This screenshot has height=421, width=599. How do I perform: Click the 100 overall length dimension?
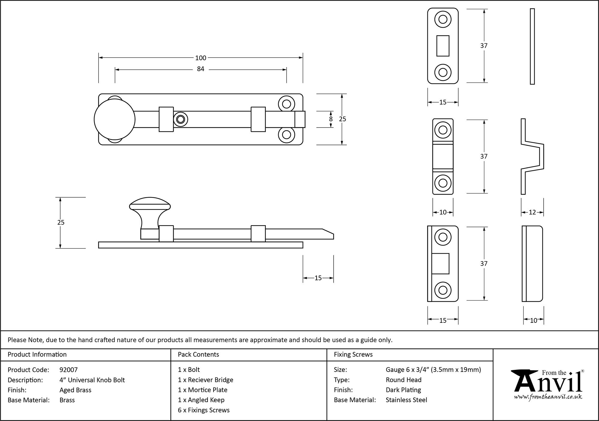click(201, 58)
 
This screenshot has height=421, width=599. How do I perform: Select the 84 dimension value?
click(200, 69)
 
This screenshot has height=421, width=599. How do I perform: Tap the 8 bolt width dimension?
click(331, 119)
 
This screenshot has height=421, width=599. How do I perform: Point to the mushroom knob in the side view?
click(150, 210)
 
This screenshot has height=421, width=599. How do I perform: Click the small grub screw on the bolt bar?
click(180, 119)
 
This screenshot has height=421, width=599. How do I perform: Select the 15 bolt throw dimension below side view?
click(318, 278)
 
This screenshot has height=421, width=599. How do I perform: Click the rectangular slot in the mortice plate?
click(443, 46)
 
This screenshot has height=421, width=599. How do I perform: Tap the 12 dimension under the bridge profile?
click(532, 213)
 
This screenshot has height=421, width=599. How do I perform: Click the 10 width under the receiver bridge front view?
click(443, 213)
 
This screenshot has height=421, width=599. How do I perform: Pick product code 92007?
click(69, 370)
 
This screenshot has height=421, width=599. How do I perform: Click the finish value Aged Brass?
click(75, 390)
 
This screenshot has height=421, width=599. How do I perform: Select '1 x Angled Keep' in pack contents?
click(201, 400)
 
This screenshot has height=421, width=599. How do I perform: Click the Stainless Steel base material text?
click(406, 400)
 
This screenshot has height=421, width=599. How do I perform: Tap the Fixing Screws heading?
click(353, 355)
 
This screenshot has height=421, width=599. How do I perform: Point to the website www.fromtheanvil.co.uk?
click(548, 397)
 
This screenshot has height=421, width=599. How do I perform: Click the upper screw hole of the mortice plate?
click(443, 19)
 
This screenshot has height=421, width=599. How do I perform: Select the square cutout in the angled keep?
click(440, 263)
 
